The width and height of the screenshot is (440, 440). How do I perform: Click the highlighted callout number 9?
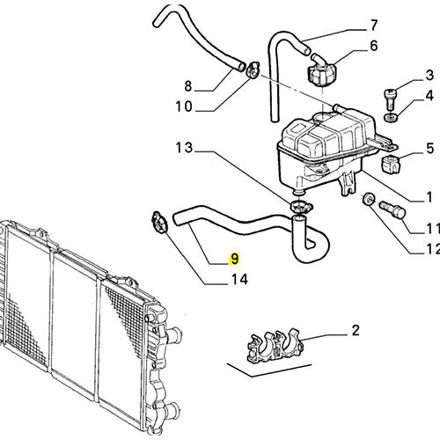pos(235,259)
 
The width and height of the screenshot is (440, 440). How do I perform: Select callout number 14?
pos(239,280)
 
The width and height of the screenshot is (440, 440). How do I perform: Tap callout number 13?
pos(184,148)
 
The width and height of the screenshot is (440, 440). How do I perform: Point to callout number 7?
pos(373,26)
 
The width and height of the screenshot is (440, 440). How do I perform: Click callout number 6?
pos(374,46)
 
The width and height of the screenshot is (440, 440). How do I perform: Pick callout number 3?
pos(429,75)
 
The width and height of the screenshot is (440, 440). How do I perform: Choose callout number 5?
pos(429,148)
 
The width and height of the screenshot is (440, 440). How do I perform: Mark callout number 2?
pos(356,331)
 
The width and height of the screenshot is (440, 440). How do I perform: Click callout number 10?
pos(184,106)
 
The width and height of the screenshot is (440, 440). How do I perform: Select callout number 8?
pos(188,86)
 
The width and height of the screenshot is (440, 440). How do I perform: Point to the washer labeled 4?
pos(390,117)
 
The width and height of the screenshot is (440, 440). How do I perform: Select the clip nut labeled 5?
pos(390,165)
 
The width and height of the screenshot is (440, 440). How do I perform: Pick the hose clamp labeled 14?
pos(158,222)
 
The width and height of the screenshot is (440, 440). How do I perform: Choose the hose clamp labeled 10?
pos(253,70)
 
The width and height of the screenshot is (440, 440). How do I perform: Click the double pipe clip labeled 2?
pos(274,346)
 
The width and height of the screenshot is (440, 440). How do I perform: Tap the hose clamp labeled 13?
pos(301,207)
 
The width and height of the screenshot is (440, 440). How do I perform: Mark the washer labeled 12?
pos(368,199)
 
